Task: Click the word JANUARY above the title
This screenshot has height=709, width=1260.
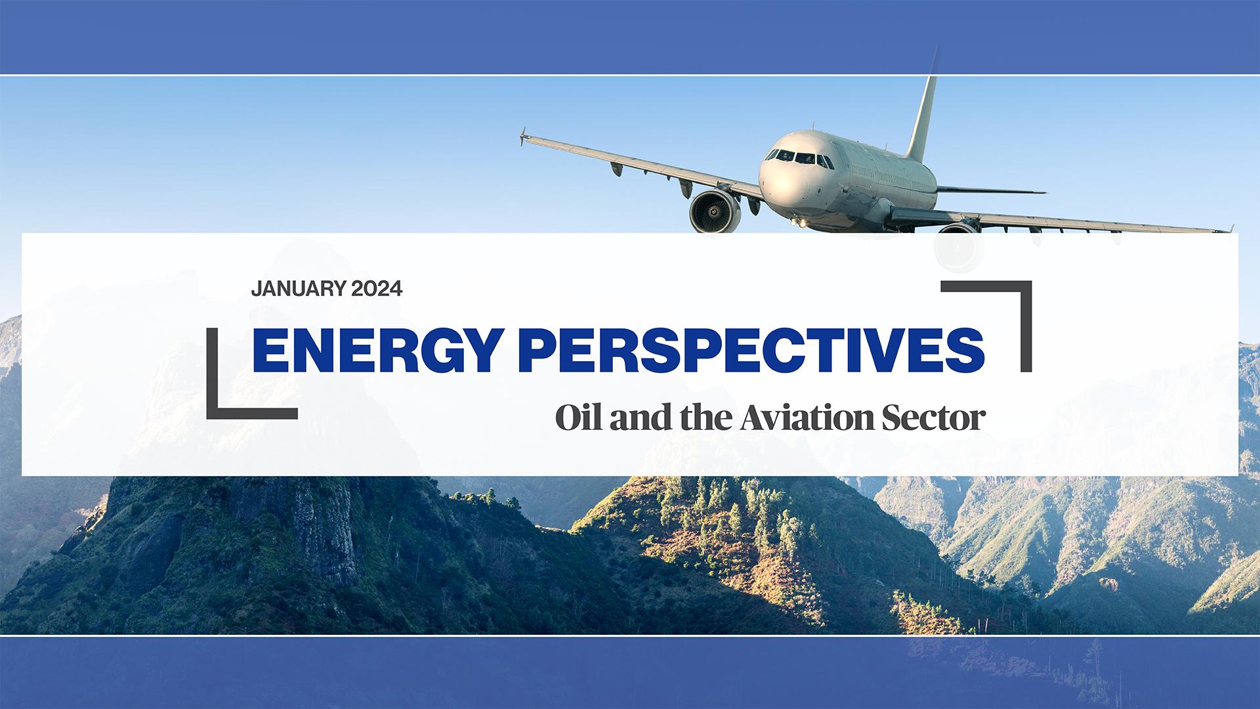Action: [299, 289]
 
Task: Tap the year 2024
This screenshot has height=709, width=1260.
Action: [377, 289]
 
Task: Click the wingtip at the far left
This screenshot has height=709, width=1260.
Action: [524, 137]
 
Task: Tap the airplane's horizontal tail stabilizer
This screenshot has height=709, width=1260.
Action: [991, 190]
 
